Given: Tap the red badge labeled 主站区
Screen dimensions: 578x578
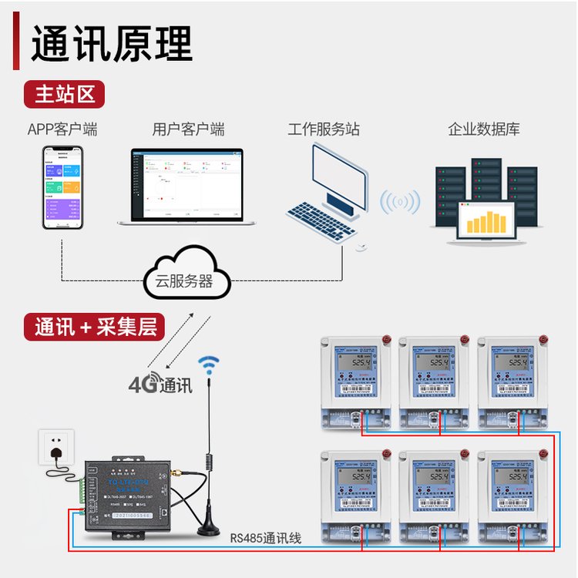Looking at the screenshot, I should click(x=65, y=95).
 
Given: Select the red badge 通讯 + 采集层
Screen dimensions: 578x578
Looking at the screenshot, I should click(x=95, y=327).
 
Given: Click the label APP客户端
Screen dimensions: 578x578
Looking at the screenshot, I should click(x=62, y=129).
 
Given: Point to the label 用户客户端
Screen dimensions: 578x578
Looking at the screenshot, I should click(x=189, y=129).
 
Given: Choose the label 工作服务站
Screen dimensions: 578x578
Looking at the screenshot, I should click(x=324, y=129).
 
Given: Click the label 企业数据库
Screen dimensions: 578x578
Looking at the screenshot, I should click(x=484, y=129).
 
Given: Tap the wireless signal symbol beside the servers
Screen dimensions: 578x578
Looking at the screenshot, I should click(x=399, y=203).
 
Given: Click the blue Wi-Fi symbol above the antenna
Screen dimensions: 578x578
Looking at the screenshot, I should click(x=208, y=365).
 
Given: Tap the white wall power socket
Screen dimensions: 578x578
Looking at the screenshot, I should click(x=56, y=447).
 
